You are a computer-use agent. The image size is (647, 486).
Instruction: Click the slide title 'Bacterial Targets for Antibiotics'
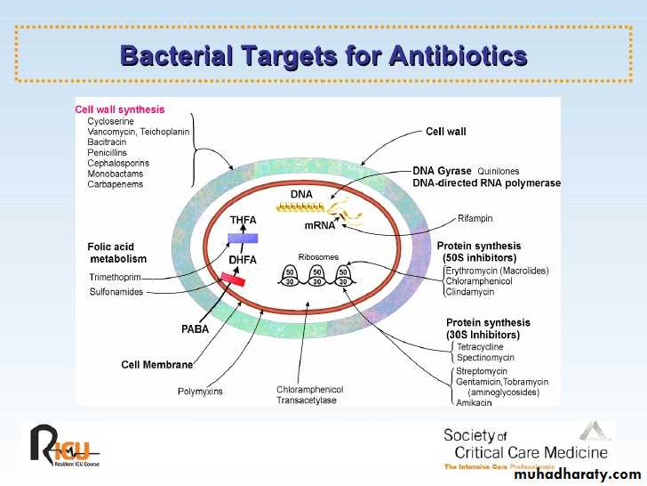(x=323, y=56)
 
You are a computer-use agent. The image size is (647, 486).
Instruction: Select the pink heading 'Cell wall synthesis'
(x=119, y=109)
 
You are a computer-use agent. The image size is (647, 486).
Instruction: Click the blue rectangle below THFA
(x=243, y=239)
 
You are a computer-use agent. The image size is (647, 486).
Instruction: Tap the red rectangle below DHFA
(x=233, y=279)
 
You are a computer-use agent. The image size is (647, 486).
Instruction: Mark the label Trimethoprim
(x=114, y=277)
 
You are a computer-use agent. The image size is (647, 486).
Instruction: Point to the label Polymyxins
(x=200, y=390)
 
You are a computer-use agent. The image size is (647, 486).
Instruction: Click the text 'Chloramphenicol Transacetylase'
(x=309, y=394)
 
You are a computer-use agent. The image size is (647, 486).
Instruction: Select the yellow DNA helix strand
(x=301, y=207)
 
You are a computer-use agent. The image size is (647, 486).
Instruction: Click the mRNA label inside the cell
(x=320, y=225)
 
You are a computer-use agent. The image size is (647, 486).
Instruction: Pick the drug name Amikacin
(x=474, y=401)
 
